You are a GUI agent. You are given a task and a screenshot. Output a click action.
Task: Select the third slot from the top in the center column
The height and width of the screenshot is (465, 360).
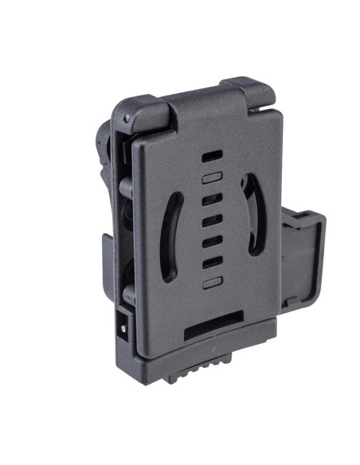click(211, 199)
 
